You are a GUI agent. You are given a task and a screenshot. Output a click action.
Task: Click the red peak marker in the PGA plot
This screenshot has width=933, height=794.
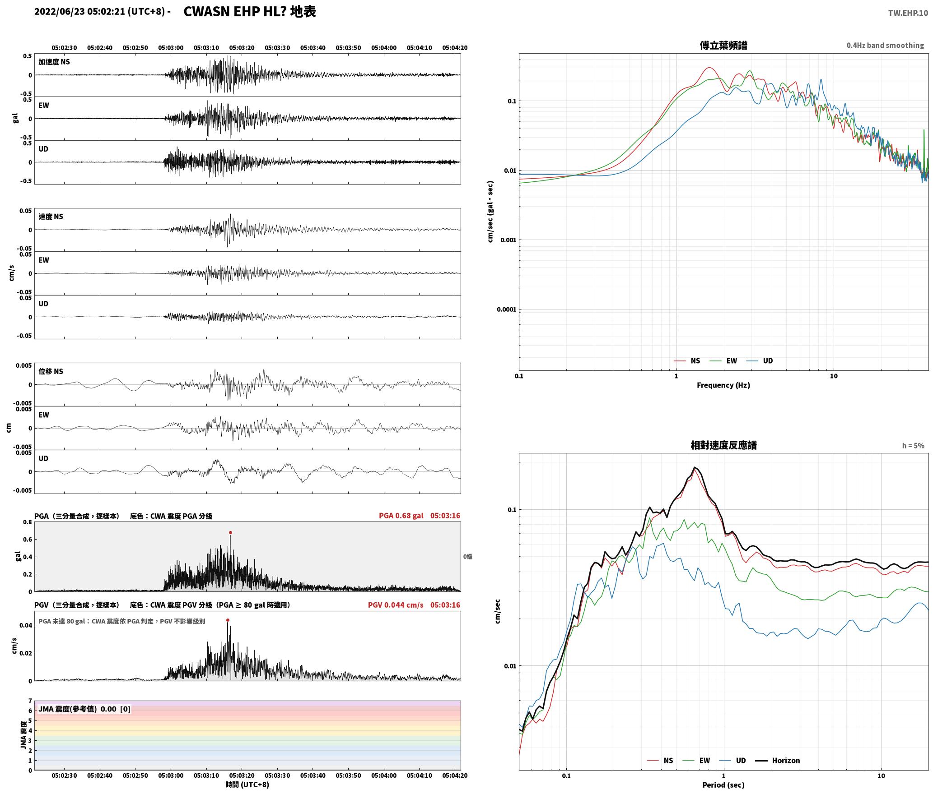(230, 533)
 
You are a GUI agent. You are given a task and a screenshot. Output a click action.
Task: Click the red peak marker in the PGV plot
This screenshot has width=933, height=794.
(228, 620)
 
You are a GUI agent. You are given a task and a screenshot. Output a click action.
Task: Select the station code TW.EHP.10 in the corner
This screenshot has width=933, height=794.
(908, 13)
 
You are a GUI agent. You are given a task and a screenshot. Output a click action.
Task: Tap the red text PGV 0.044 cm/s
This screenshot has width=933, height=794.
(396, 605)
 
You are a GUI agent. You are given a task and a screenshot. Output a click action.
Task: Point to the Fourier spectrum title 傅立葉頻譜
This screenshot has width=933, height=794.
(723, 45)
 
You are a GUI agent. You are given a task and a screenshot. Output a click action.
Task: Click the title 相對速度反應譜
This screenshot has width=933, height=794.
(723, 445)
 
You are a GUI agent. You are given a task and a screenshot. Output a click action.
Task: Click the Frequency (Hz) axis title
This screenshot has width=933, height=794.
(723, 385)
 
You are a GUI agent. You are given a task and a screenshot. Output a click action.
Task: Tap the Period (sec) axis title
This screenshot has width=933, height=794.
(723, 785)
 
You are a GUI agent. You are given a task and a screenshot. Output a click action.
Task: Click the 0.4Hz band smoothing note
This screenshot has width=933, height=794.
(885, 46)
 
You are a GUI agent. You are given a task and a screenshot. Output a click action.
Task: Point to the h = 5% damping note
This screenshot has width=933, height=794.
(913, 446)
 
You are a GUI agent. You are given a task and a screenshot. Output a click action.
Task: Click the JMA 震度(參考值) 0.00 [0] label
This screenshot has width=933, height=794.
(84, 709)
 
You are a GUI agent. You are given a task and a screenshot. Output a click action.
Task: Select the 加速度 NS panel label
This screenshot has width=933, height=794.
(54, 62)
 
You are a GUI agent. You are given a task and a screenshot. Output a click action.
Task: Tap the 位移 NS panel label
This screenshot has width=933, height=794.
(51, 371)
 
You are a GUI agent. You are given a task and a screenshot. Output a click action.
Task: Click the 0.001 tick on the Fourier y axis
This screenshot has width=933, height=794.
(508, 240)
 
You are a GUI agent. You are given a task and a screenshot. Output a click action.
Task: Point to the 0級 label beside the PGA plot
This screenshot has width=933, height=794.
(468, 557)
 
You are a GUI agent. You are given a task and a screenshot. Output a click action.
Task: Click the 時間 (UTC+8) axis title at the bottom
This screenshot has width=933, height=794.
(247, 785)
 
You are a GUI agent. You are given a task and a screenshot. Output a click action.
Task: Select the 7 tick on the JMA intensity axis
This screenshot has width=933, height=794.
(30, 701)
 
